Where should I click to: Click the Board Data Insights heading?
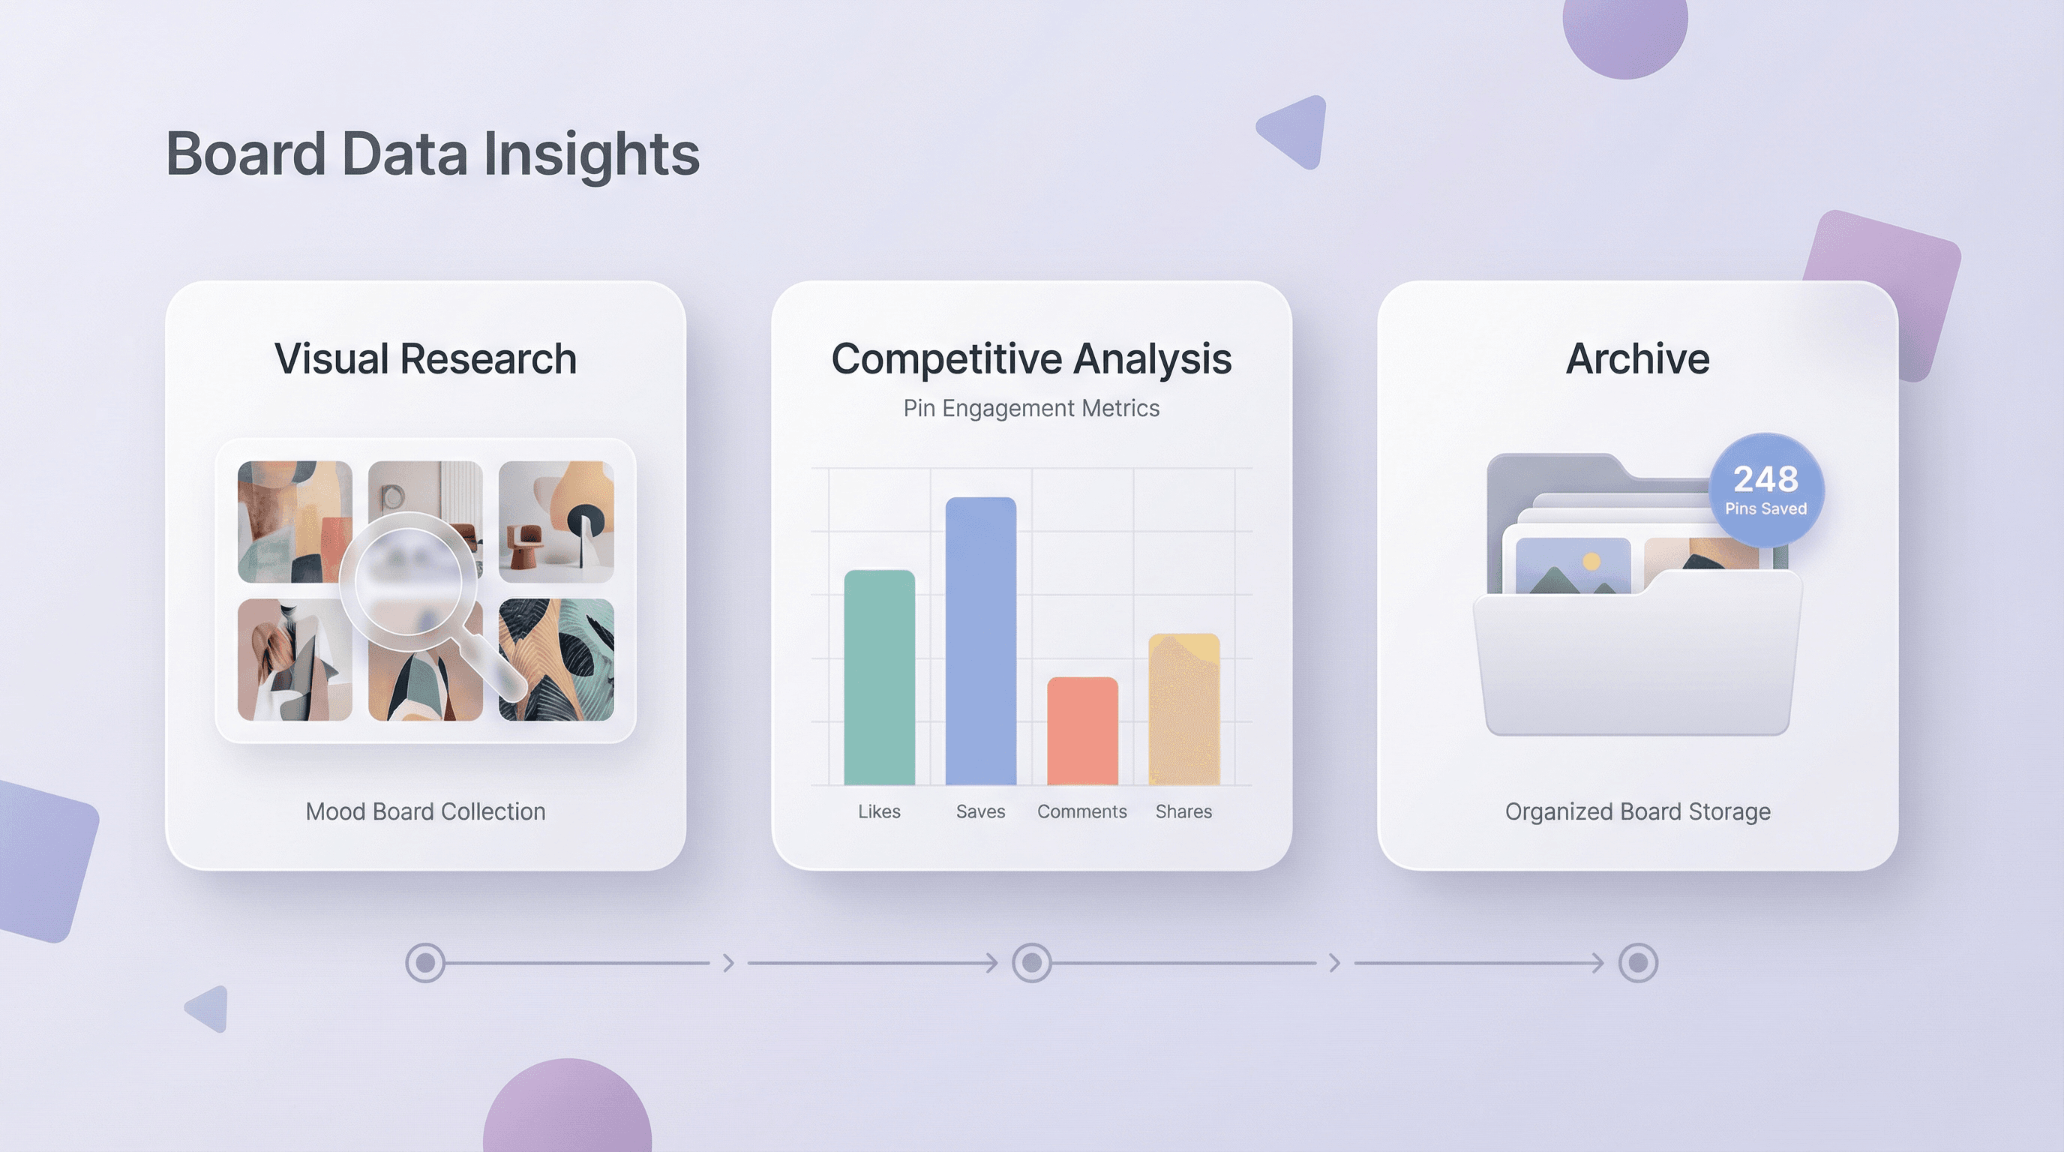(x=433, y=154)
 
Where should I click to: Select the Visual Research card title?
(x=425, y=359)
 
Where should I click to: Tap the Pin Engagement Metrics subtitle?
(x=1031, y=409)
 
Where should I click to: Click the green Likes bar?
(x=879, y=678)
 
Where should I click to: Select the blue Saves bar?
(x=981, y=641)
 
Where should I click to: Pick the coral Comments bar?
(x=1082, y=731)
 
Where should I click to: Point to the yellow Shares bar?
(x=1184, y=709)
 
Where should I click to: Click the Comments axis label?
(x=1081, y=811)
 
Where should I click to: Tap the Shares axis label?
(x=1183, y=811)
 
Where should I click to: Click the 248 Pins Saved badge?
(x=1766, y=490)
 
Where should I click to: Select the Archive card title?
(x=1638, y=359)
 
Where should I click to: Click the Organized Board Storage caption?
(x=1638, y=811)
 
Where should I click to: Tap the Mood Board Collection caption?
(x=425, y=811)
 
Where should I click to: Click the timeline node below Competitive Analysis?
(x=1031, y=962)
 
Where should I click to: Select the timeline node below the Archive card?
(x=1638, y=962)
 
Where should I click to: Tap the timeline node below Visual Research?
(x=425, y=962)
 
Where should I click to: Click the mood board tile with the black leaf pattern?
(x=556, y=660)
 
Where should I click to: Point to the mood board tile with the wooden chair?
(x=556, y=520)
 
